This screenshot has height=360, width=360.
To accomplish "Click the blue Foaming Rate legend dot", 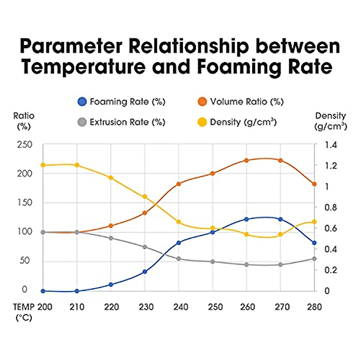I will coord(82,102).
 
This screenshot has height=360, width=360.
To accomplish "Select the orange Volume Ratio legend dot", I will coord(202,102).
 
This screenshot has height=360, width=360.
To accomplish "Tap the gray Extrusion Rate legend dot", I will coord(82,122).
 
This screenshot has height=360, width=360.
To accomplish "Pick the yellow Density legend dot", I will coord(202,122).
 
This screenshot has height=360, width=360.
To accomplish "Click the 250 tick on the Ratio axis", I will coord(25,145).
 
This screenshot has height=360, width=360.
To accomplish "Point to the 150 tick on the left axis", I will coord(25,202).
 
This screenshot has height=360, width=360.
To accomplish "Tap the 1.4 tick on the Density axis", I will coord(331,145).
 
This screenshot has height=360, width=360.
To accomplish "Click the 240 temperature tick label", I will coord(181,307).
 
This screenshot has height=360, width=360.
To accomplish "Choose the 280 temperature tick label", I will coord(314,307).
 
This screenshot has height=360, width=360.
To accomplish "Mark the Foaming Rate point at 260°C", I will coord(247,219).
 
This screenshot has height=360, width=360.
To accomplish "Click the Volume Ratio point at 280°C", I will coord(314,184).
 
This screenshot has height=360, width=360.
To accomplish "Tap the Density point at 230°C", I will coord(145,196).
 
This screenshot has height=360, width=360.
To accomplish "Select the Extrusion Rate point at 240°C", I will coord(179,259).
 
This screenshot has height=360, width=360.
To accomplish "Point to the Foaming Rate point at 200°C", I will coord(43,291).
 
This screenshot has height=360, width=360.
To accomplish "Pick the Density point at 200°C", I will coord(43,165).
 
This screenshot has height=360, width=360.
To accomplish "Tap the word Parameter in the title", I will coord(71,46).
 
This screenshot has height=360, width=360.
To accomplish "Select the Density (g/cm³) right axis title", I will coord(331,121).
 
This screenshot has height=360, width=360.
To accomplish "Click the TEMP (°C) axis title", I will coord(24,312).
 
